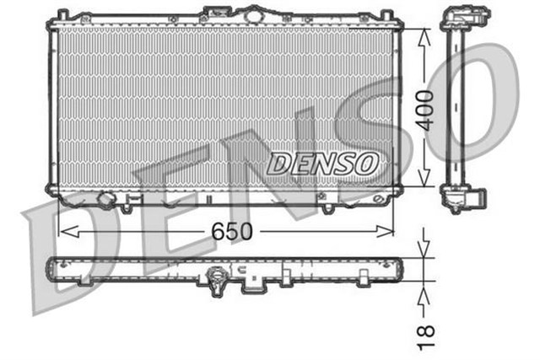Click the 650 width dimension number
click(225, 229)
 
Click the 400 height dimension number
click(428, 109)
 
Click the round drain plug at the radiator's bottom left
click(106, 200)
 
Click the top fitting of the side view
click(464, 17)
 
